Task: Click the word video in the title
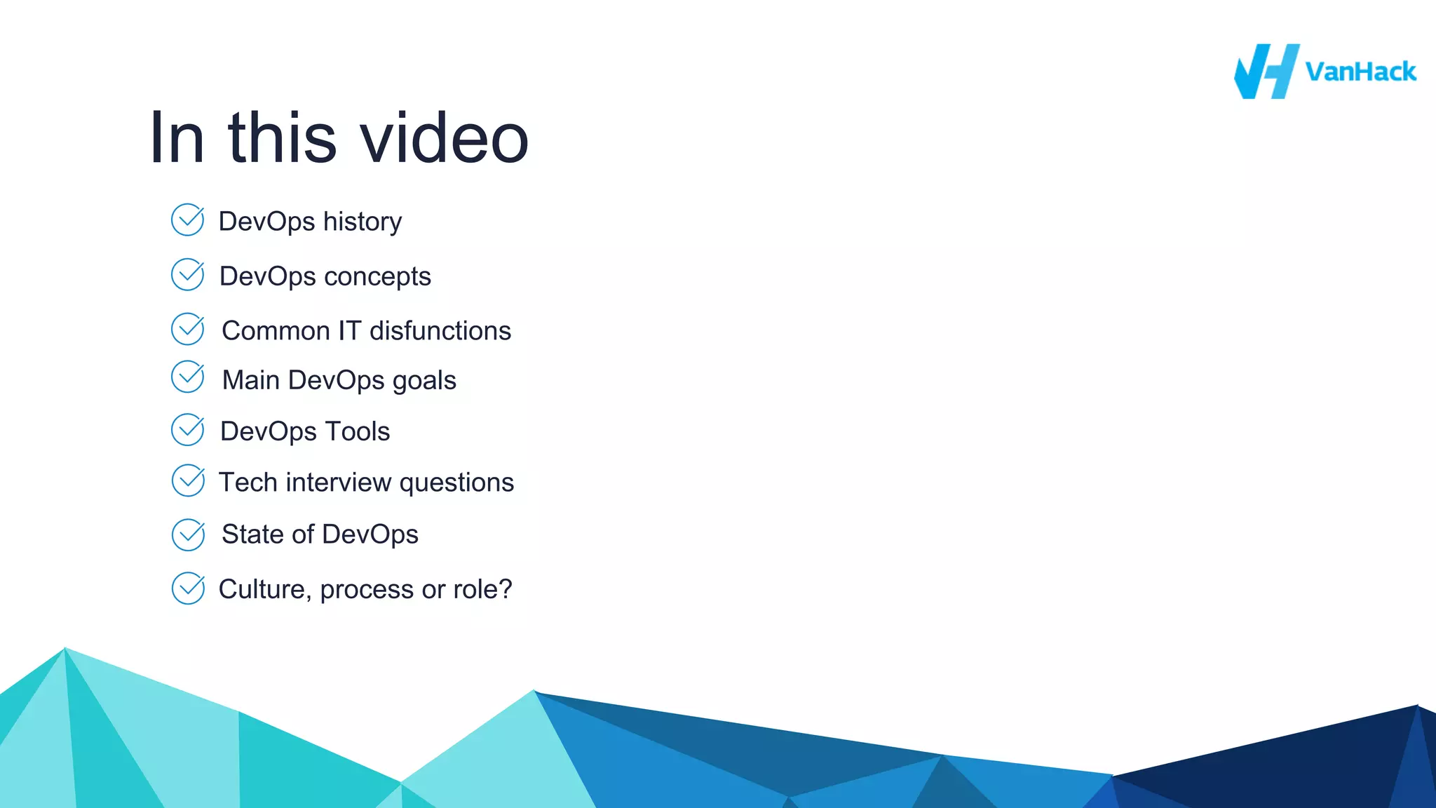(445, 138)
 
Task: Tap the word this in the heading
(282, 138)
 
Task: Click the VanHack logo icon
(1266, 72)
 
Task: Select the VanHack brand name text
(1360, 72)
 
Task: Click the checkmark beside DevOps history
(188, 220)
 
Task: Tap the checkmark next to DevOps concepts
(188, 275)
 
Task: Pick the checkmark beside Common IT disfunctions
(188, 329)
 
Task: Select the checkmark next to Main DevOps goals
(188, 377)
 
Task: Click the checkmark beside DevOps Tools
(188, 430)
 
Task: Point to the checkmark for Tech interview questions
(188, 481)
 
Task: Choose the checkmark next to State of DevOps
(188, 535)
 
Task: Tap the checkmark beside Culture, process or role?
(188, 588)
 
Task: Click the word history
(363, 222)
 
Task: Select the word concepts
(378, 277)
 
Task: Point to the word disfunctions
(440, 330)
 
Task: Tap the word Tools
(358, 431)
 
